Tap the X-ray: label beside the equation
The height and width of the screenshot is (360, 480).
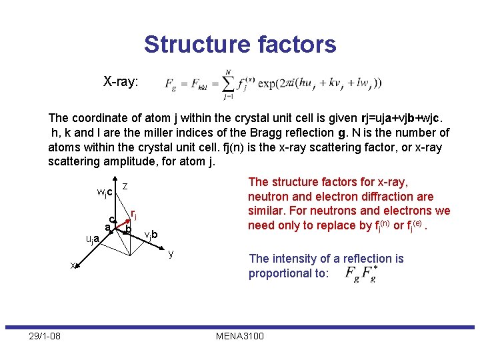121,82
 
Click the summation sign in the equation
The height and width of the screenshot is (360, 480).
228,83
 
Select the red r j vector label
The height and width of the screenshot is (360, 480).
134,215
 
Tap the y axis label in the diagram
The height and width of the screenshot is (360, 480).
171,254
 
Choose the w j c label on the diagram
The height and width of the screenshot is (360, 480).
104,193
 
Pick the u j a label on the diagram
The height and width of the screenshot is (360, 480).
92,239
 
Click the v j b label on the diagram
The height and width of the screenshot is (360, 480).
151,234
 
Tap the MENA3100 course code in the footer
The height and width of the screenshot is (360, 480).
240,335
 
